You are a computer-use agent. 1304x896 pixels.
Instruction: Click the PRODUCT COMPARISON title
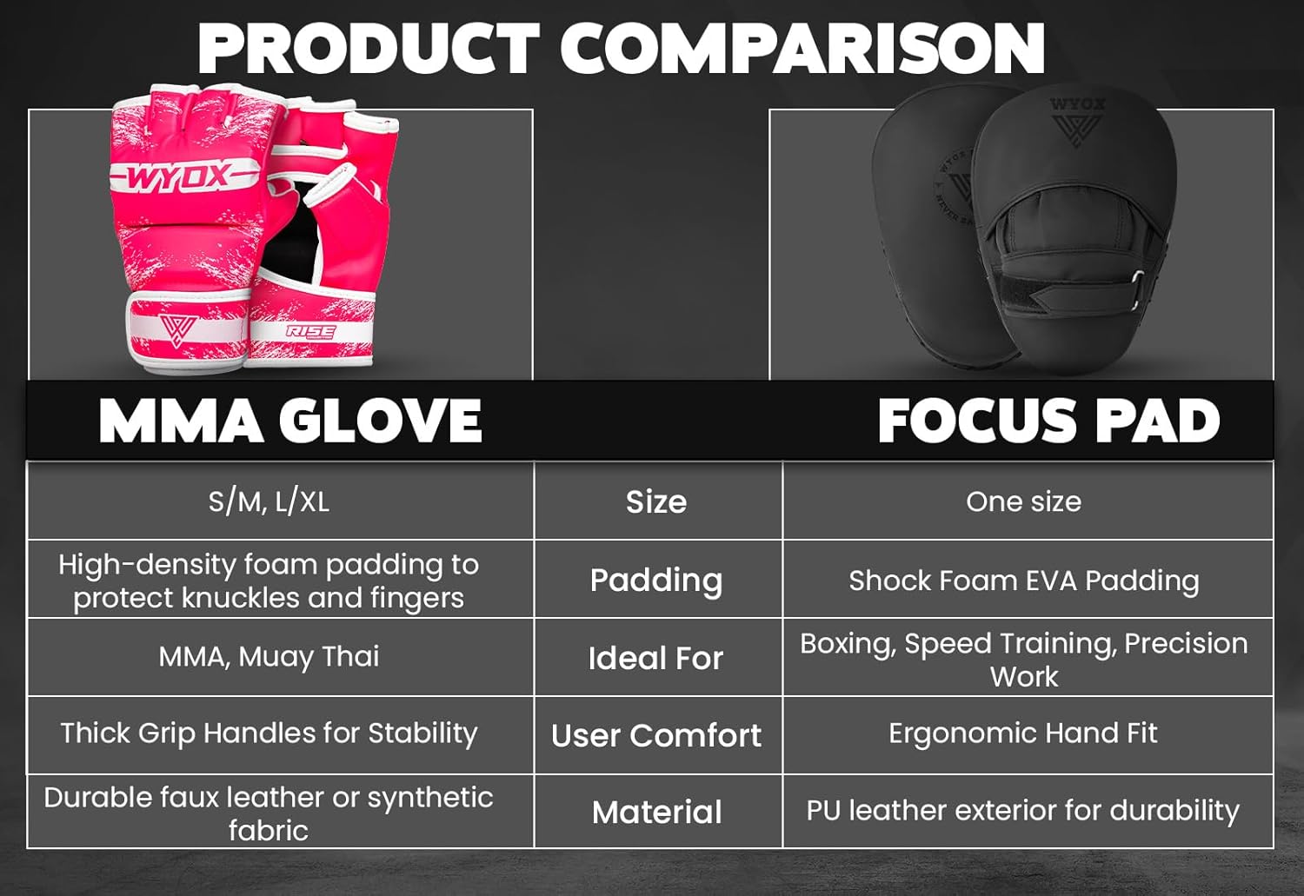(x=621, y=49)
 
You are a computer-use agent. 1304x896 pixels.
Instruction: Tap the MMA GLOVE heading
(x=290, y=421)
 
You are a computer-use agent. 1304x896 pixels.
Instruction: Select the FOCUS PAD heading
(x=1048, y=421)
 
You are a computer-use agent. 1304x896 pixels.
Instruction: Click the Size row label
(x=656, y=502)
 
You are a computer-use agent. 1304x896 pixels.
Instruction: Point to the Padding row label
(x=656, y=581)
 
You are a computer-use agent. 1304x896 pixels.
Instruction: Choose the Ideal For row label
(x=656, y=659)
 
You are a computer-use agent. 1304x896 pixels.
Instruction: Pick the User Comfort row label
(x=656, y=736)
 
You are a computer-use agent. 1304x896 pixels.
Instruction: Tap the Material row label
(x=656, y=813)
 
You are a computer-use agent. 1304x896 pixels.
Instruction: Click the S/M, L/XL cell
(x=269, y=501)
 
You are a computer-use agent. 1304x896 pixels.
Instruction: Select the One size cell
(x=1023, y=501)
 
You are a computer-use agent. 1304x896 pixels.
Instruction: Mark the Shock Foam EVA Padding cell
(x=1023, y=581)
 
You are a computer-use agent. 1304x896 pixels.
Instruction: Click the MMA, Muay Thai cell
(x=269, y=656)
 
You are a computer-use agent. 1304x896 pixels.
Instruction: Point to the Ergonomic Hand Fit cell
(x=1023, y=733)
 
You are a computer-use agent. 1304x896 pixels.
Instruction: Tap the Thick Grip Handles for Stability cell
(x=269, y=733)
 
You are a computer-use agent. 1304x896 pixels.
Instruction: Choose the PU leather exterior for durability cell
(x=1023, y=811)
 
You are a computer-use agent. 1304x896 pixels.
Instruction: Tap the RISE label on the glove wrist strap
(x=310, y=332)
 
